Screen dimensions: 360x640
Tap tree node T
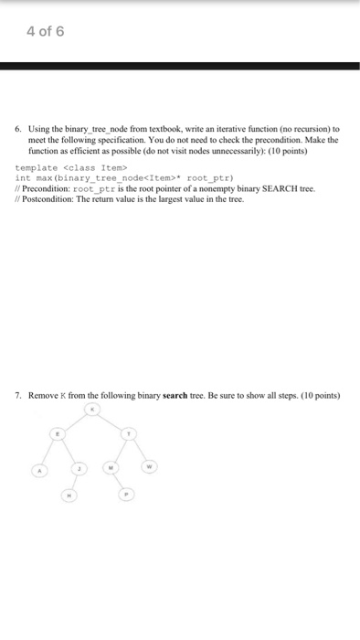[x=129, y=433]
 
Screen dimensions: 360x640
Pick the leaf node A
[x=39, y=471]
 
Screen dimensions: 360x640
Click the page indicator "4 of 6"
[x=45, y=32]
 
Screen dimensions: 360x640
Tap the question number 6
[x=17, y=130]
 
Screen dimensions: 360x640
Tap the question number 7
[x=17, y=396]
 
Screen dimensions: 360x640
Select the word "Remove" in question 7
[x=43, y=396]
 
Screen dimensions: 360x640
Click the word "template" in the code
[x=37, y=168]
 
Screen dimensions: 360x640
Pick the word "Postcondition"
[x=53, y=197]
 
